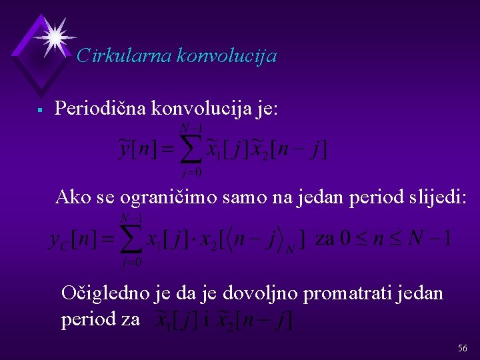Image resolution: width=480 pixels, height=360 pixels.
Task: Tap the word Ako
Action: [71, 197]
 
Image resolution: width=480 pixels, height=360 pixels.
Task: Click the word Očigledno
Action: [99, 293]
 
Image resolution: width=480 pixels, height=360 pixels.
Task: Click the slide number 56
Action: [463, 349]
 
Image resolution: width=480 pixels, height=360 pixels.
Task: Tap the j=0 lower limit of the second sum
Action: [131, 263]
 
